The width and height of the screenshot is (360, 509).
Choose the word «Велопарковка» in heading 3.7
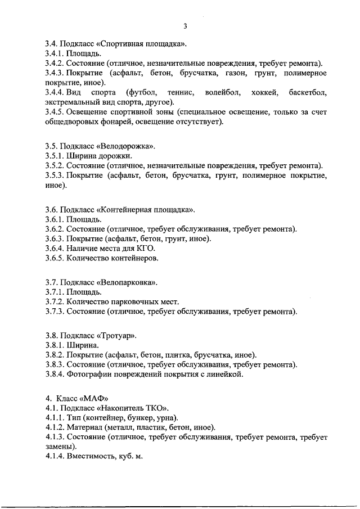(x=128, y=282)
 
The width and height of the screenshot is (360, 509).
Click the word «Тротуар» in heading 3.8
(x=117, y=335)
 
